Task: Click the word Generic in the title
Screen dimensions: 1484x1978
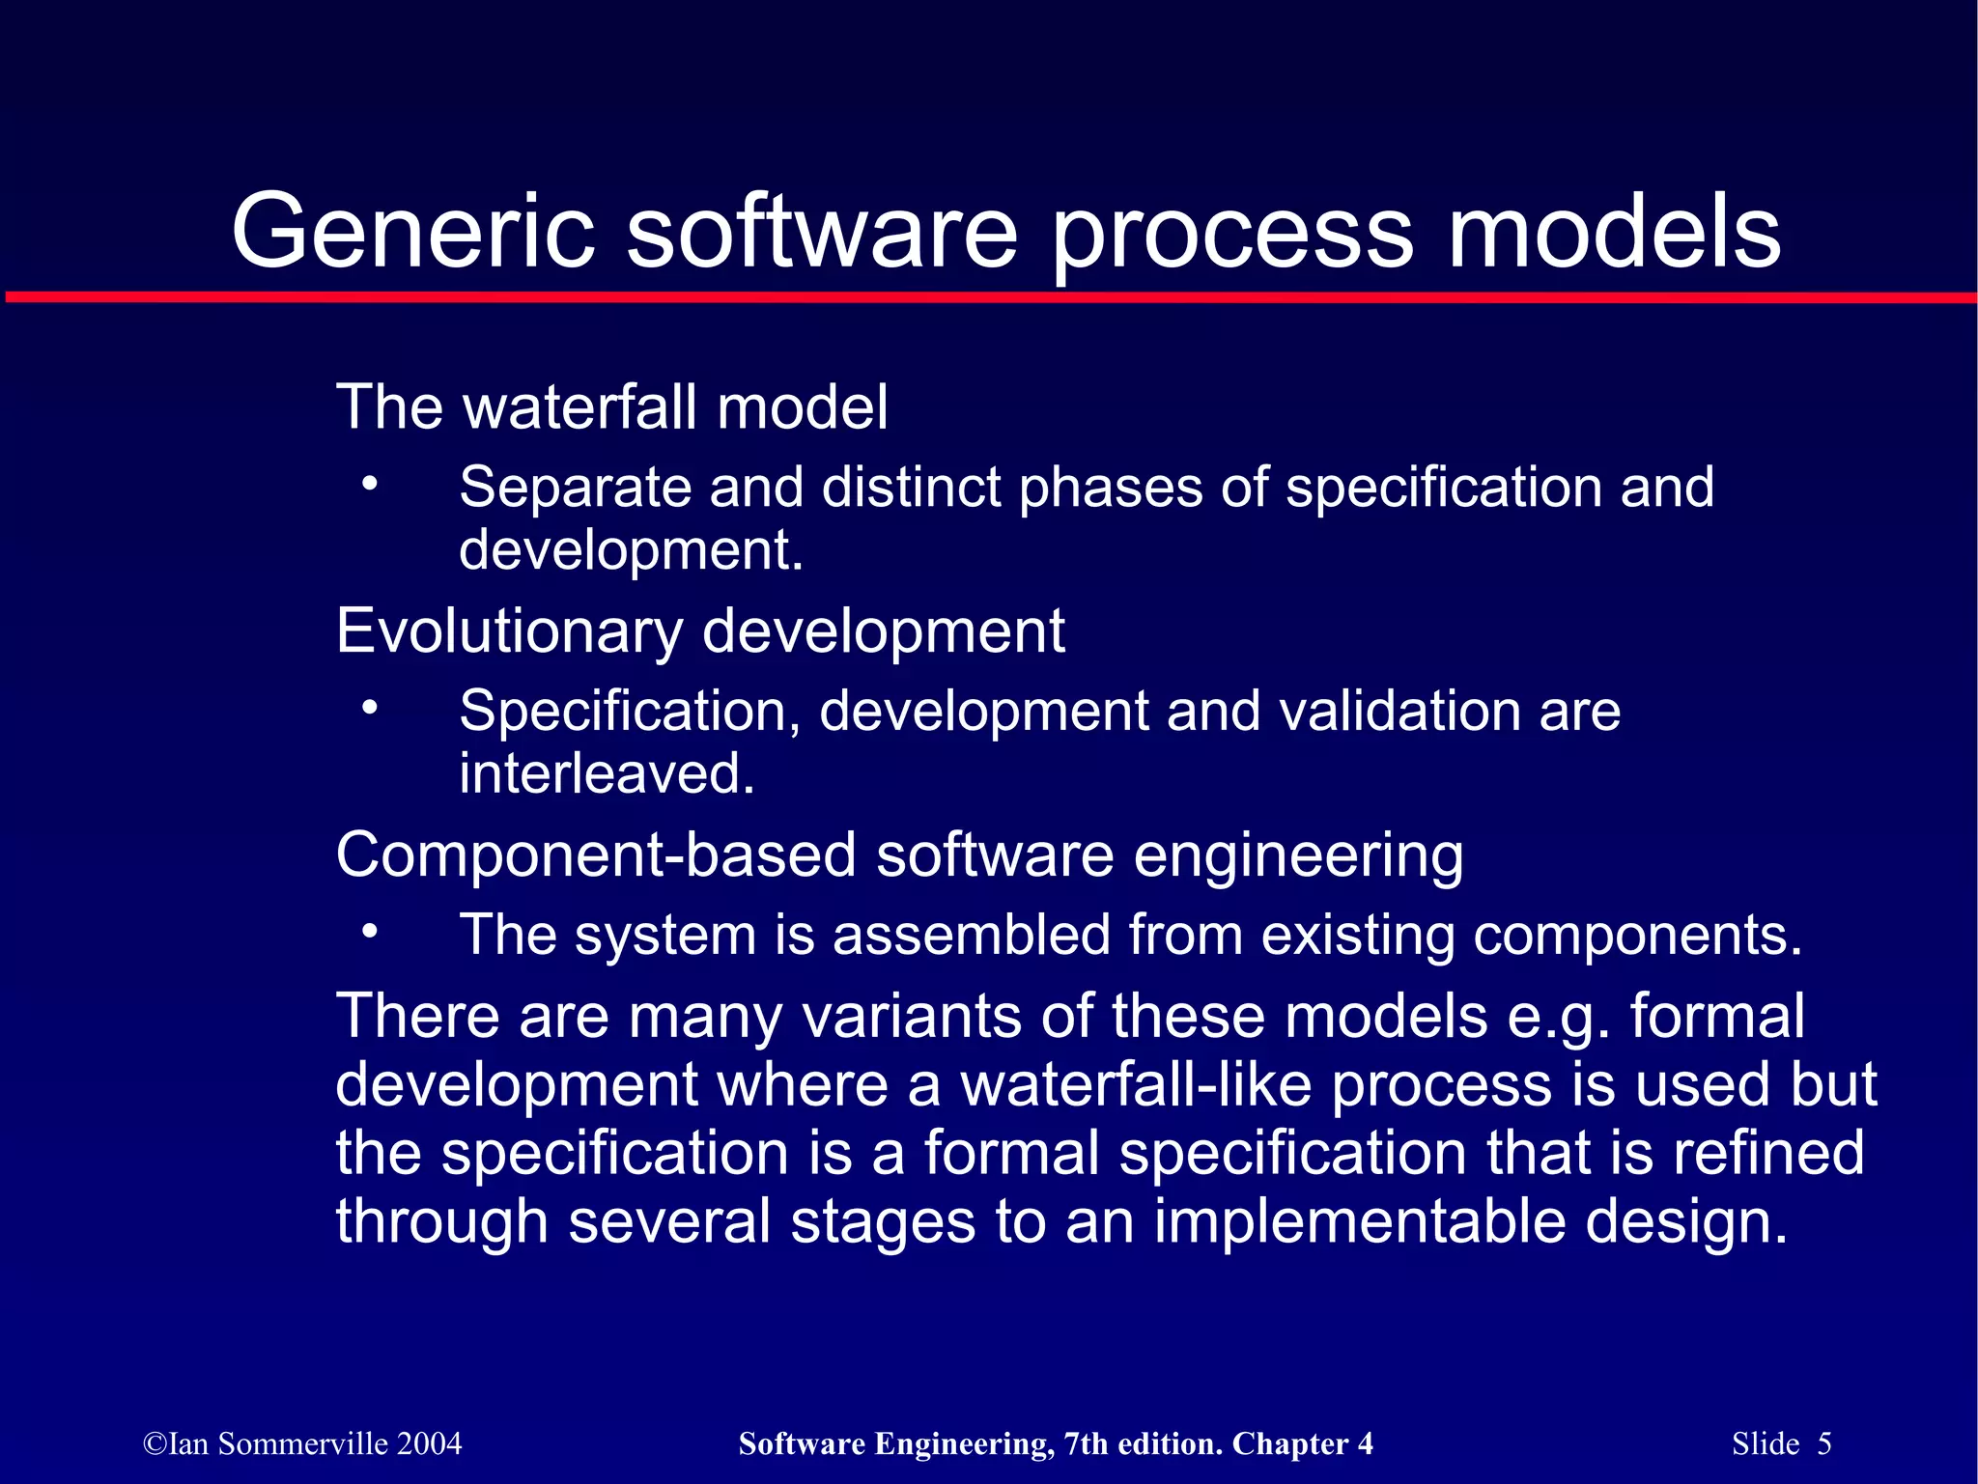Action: [x=413, y=232]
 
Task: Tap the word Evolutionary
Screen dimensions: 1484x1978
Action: [x=510, y=631]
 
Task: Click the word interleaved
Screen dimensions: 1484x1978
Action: [x=607, y=774]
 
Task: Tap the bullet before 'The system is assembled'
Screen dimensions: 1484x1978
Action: [x=369, y=932]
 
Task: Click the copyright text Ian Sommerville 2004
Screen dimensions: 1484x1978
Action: [x=302, y=1443]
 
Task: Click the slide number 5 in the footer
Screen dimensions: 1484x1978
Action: [x=1823, y=1443]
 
